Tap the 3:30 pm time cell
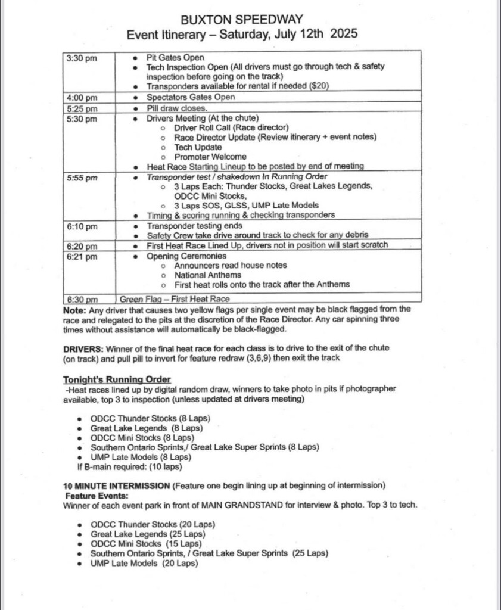(82, 58)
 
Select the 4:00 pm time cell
(82, 97)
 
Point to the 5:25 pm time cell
(82, 108)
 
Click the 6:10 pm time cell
(82, 226)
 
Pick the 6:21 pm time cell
(82, 256)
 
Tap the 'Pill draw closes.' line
(177, 108)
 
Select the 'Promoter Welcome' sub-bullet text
(210, 157)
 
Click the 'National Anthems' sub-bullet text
(207, 275)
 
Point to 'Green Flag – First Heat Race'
(175, 300)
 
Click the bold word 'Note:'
(74, 309)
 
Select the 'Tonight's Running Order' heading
(117, 379)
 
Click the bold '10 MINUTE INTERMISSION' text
(116, 486)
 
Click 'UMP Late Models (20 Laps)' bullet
(144, 563)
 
